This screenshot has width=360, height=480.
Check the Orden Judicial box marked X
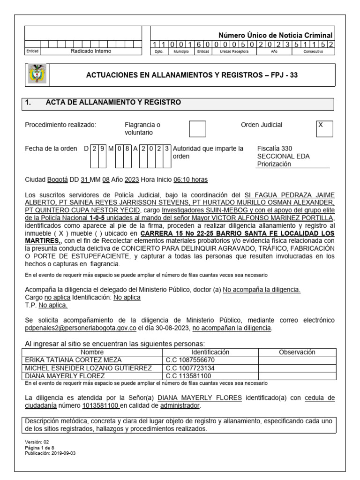[324, 128]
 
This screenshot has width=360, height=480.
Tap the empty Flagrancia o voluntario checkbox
[197, 128]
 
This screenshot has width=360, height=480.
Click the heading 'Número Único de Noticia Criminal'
[276, 36]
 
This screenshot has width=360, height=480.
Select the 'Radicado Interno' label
[91, 52]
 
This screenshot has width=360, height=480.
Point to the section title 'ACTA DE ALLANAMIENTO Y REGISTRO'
[113, 103]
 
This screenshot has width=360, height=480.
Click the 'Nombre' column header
[92, 352]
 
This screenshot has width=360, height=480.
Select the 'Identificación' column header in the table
[210, 352]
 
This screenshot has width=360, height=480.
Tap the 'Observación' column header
[297, 352]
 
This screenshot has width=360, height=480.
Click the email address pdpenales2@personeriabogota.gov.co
[80, 328]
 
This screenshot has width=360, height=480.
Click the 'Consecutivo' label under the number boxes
[313, 52]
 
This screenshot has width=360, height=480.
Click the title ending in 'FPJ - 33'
[192, 75]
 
